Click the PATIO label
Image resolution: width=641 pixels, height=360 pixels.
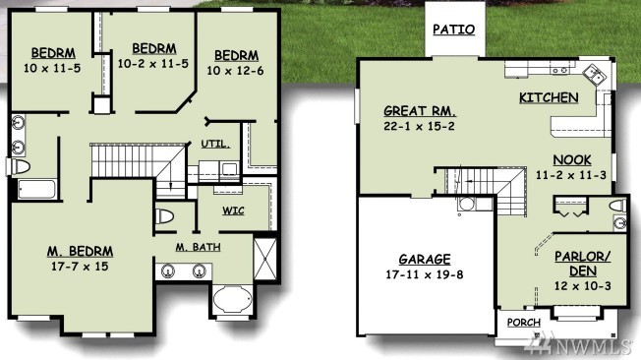(x=454, y=30)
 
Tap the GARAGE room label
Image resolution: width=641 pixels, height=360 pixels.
(x=425, y=260)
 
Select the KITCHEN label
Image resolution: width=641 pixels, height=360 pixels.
(x=549, y=97)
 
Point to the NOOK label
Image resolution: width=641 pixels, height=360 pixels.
(x=572, y=160)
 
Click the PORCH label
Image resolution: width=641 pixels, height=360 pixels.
(x=524, y=323)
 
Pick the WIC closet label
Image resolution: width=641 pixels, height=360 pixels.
(x=233, y=210)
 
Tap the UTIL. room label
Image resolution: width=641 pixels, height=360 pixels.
(x=215, y=144)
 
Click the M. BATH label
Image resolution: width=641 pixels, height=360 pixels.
(x=199, y=247)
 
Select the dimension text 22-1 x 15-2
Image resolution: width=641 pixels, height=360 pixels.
(x=419, y=126)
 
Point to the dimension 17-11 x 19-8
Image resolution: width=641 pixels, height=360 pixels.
(x=425, y=274)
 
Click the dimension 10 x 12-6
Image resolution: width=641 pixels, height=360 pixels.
(x=235, y=71)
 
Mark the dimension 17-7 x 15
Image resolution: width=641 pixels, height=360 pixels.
(x=80, y=267)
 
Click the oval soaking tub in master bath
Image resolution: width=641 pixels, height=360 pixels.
(x=233, y=299)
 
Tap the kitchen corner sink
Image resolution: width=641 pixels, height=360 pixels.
(x=594, y=74)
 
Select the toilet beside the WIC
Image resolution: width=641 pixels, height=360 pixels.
(x=164, y=216)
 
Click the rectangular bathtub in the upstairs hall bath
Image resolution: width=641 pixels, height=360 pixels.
(x=36, y=190)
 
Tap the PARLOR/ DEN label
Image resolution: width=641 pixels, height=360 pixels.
(x=583, y=264)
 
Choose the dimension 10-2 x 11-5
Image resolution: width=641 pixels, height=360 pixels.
(x=153, y=64)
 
